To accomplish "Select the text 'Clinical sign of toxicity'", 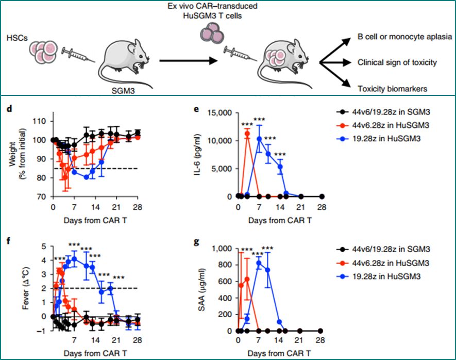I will pyautogui.click(x=397, y=63).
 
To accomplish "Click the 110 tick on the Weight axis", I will pyautogui.click(x=42, y=121).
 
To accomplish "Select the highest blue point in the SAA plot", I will pyautogui.click(x=259, y=263).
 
